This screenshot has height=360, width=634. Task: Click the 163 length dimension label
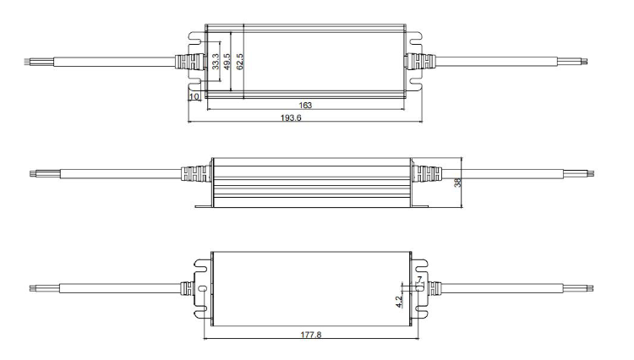click(305, 105)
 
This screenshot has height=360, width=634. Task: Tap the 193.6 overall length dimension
click(291, 118)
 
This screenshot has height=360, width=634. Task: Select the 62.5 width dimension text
click(240, 62)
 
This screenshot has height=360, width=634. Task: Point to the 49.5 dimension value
click(227, 62)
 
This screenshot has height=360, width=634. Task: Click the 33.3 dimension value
click(216, 62)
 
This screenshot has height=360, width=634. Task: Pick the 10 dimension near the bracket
click(194, 96)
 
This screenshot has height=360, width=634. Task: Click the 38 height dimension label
click(457, 183)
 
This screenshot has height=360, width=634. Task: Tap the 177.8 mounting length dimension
click(311, 335)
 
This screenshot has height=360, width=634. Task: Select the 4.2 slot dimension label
click(399, 302)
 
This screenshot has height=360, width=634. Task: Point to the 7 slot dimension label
click(419, 280)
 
